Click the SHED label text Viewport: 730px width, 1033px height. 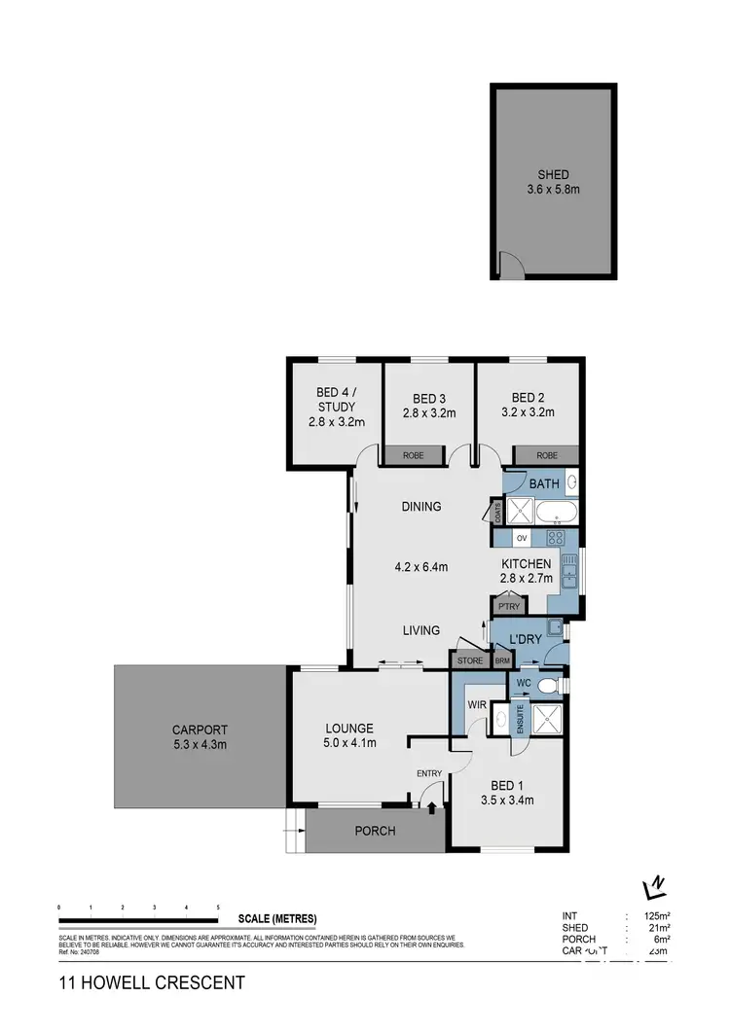point(552,175)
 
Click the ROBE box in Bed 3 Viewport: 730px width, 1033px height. point(414,455)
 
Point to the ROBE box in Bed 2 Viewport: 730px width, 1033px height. point(547,455)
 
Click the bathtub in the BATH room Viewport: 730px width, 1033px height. point(557,511)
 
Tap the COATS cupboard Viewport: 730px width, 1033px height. point(497,513)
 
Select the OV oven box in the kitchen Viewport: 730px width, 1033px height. point(522,538)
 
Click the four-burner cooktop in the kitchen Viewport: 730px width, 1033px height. point(557,538)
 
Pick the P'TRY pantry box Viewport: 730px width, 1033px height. point(506,605)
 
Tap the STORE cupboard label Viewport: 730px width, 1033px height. point(470,661)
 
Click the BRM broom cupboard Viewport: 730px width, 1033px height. point(501,661)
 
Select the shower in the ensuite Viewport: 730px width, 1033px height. point(545,719)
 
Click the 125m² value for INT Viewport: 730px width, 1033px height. point(654,916)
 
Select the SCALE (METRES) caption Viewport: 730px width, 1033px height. point(277,919)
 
